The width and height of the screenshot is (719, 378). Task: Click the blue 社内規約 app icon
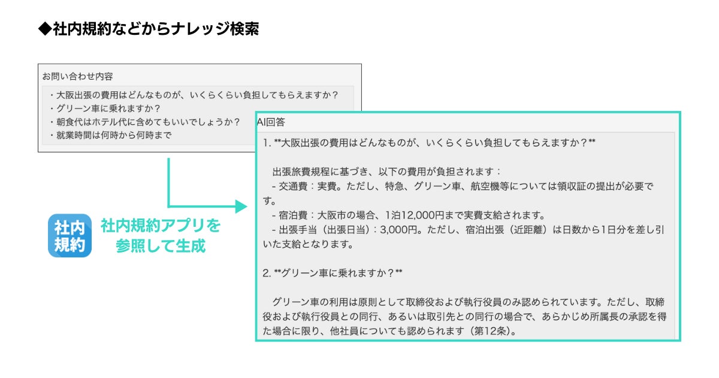[70, 236]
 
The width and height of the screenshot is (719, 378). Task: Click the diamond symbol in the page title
[44, 29]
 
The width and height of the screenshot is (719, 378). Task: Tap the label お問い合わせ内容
[77, 76]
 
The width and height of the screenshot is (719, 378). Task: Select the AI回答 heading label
[271, 122]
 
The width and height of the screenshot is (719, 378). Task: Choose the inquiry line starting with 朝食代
[144, 122]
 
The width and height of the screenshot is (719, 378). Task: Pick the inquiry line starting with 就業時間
[111, 135]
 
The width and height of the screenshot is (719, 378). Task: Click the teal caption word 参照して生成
[161, 246]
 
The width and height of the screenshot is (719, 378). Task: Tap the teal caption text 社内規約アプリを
[161, 226]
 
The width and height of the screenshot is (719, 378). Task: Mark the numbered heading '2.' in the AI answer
[267, 273]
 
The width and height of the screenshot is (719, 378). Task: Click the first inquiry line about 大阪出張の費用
[195, 95]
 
